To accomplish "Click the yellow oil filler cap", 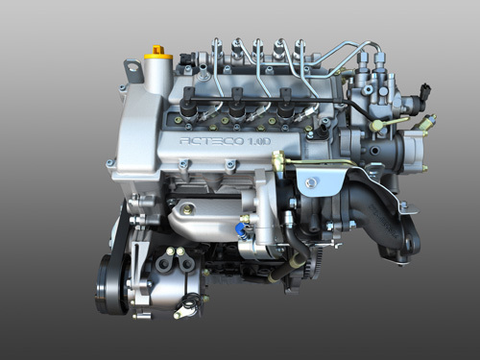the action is (158, 54).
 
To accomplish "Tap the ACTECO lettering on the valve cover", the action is (212, 141).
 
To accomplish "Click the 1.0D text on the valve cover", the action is (259, 141).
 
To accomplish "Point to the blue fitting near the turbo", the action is (240, 229).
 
